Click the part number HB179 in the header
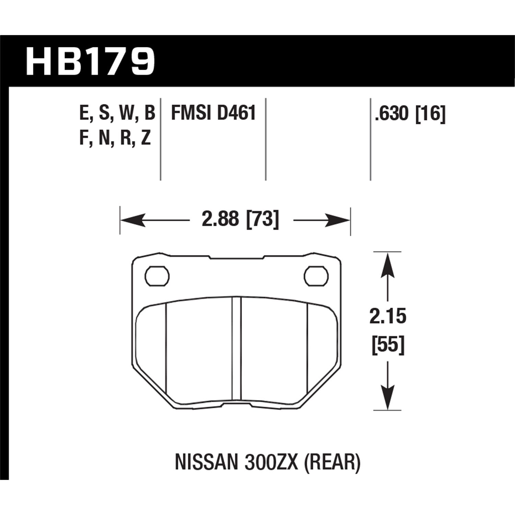(90, 62)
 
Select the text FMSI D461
(214, 113)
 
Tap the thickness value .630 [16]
(410, 113)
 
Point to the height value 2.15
(388, 316)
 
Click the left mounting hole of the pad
(157, 275)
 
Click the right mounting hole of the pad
(316, 275)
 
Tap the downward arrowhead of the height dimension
(388, 398)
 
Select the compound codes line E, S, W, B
(117, 113)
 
